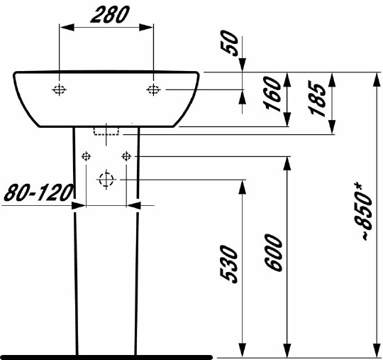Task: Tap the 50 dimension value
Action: coord(231,44)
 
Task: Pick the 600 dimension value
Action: coord(275,255)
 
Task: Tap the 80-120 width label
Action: coord(40,192)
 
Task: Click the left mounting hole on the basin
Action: coord(60,89)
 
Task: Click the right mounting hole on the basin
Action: coord(153,89)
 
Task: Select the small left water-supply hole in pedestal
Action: coord(87,156)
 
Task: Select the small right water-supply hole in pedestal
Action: coord(126,156)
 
